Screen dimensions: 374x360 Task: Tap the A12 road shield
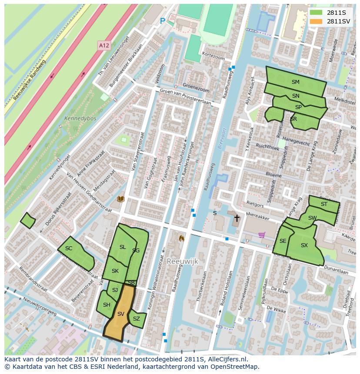pyautogui.click(x=103, y=45)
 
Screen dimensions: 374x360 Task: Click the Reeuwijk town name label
pyautogui.click(x=182, y=261)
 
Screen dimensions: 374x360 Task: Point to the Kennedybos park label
pyautogui.click(x=80, y=118)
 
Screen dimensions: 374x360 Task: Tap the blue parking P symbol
pyautogui.click(x=163, y=21)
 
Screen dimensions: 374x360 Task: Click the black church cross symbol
pyautogui.click(x=237, y=218)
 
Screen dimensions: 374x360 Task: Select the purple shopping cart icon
pyautogui.click(x=262, y=235)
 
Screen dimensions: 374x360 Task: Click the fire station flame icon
pyautogui.click(x=181, y=238)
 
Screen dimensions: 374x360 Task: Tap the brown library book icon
pyautogui.click(x=121, y=199)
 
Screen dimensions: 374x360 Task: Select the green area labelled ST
pyautogui.click(x=324, y=204)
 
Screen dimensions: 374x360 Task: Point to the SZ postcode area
pyautogui.click(x=137, y=319)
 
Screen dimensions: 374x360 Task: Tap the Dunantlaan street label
pyautogui.click(x=335, y=271)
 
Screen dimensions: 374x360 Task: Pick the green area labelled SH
pyautogui.click(x=106, y=305)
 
